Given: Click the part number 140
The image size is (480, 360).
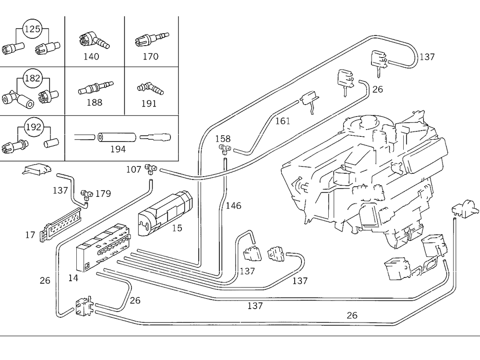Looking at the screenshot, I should [91, 57].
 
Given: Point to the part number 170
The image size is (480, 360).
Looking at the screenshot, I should [150, 57].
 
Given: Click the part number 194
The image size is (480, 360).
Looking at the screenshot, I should [118, 149].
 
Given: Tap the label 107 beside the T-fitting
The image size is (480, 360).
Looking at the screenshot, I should [134, 169].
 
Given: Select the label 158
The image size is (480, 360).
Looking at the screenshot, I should [223, 140].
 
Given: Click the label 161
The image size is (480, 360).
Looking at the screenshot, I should [283, 121].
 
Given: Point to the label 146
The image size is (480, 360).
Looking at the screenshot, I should [233, 206].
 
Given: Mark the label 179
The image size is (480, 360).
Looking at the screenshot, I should [103, 194].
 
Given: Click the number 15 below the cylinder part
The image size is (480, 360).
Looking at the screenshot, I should [177, 228].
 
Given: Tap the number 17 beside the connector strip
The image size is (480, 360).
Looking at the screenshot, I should [30, 235].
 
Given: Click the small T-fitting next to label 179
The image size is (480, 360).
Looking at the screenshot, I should [86, 194].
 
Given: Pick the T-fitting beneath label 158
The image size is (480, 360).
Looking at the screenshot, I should [224, 148].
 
